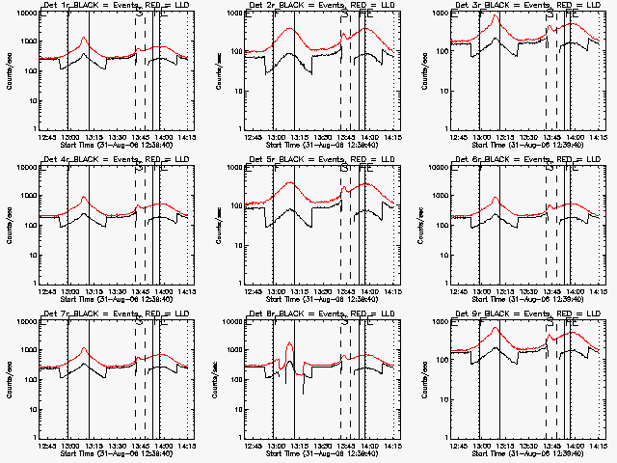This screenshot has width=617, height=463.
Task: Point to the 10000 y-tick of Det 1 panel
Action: [x=20, y=14]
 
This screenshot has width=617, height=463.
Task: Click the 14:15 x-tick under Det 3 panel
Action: [x=598, y=137]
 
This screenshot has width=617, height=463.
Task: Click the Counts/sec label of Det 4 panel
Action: [x=9, y=223]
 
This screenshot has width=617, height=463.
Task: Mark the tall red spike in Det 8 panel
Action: [x=290, y=345]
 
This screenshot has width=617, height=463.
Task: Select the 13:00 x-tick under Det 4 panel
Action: [x=70, y=291]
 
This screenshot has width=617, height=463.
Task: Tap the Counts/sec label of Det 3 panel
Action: [x=421, y=68]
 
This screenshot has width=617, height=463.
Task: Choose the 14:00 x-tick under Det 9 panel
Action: [x=575, y=446]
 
